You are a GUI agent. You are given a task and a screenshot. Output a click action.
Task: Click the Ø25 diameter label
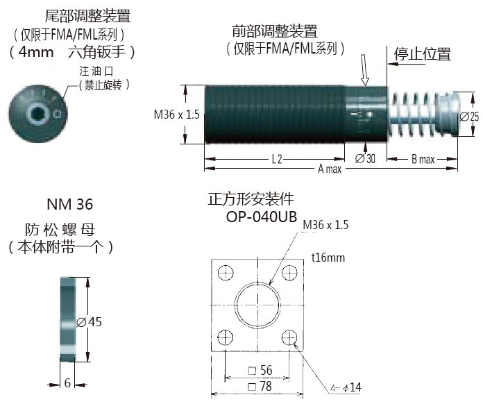point(469,117)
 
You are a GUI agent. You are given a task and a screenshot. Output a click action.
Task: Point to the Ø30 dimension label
point(365,159)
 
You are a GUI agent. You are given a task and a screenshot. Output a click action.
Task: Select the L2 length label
point(277,160)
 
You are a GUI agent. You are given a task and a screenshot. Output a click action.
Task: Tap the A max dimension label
point(330,169)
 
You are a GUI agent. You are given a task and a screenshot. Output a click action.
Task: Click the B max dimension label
point(423,159)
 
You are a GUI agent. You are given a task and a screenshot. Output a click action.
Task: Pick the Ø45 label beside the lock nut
point(89,322)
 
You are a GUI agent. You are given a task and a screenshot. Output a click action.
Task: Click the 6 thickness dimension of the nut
point(67,383)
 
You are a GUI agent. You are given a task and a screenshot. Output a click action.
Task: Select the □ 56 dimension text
point(260,370)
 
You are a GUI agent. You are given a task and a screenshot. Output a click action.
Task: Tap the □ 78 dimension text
point(260,386)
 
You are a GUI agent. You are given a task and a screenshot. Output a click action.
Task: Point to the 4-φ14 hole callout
point(346,387)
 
